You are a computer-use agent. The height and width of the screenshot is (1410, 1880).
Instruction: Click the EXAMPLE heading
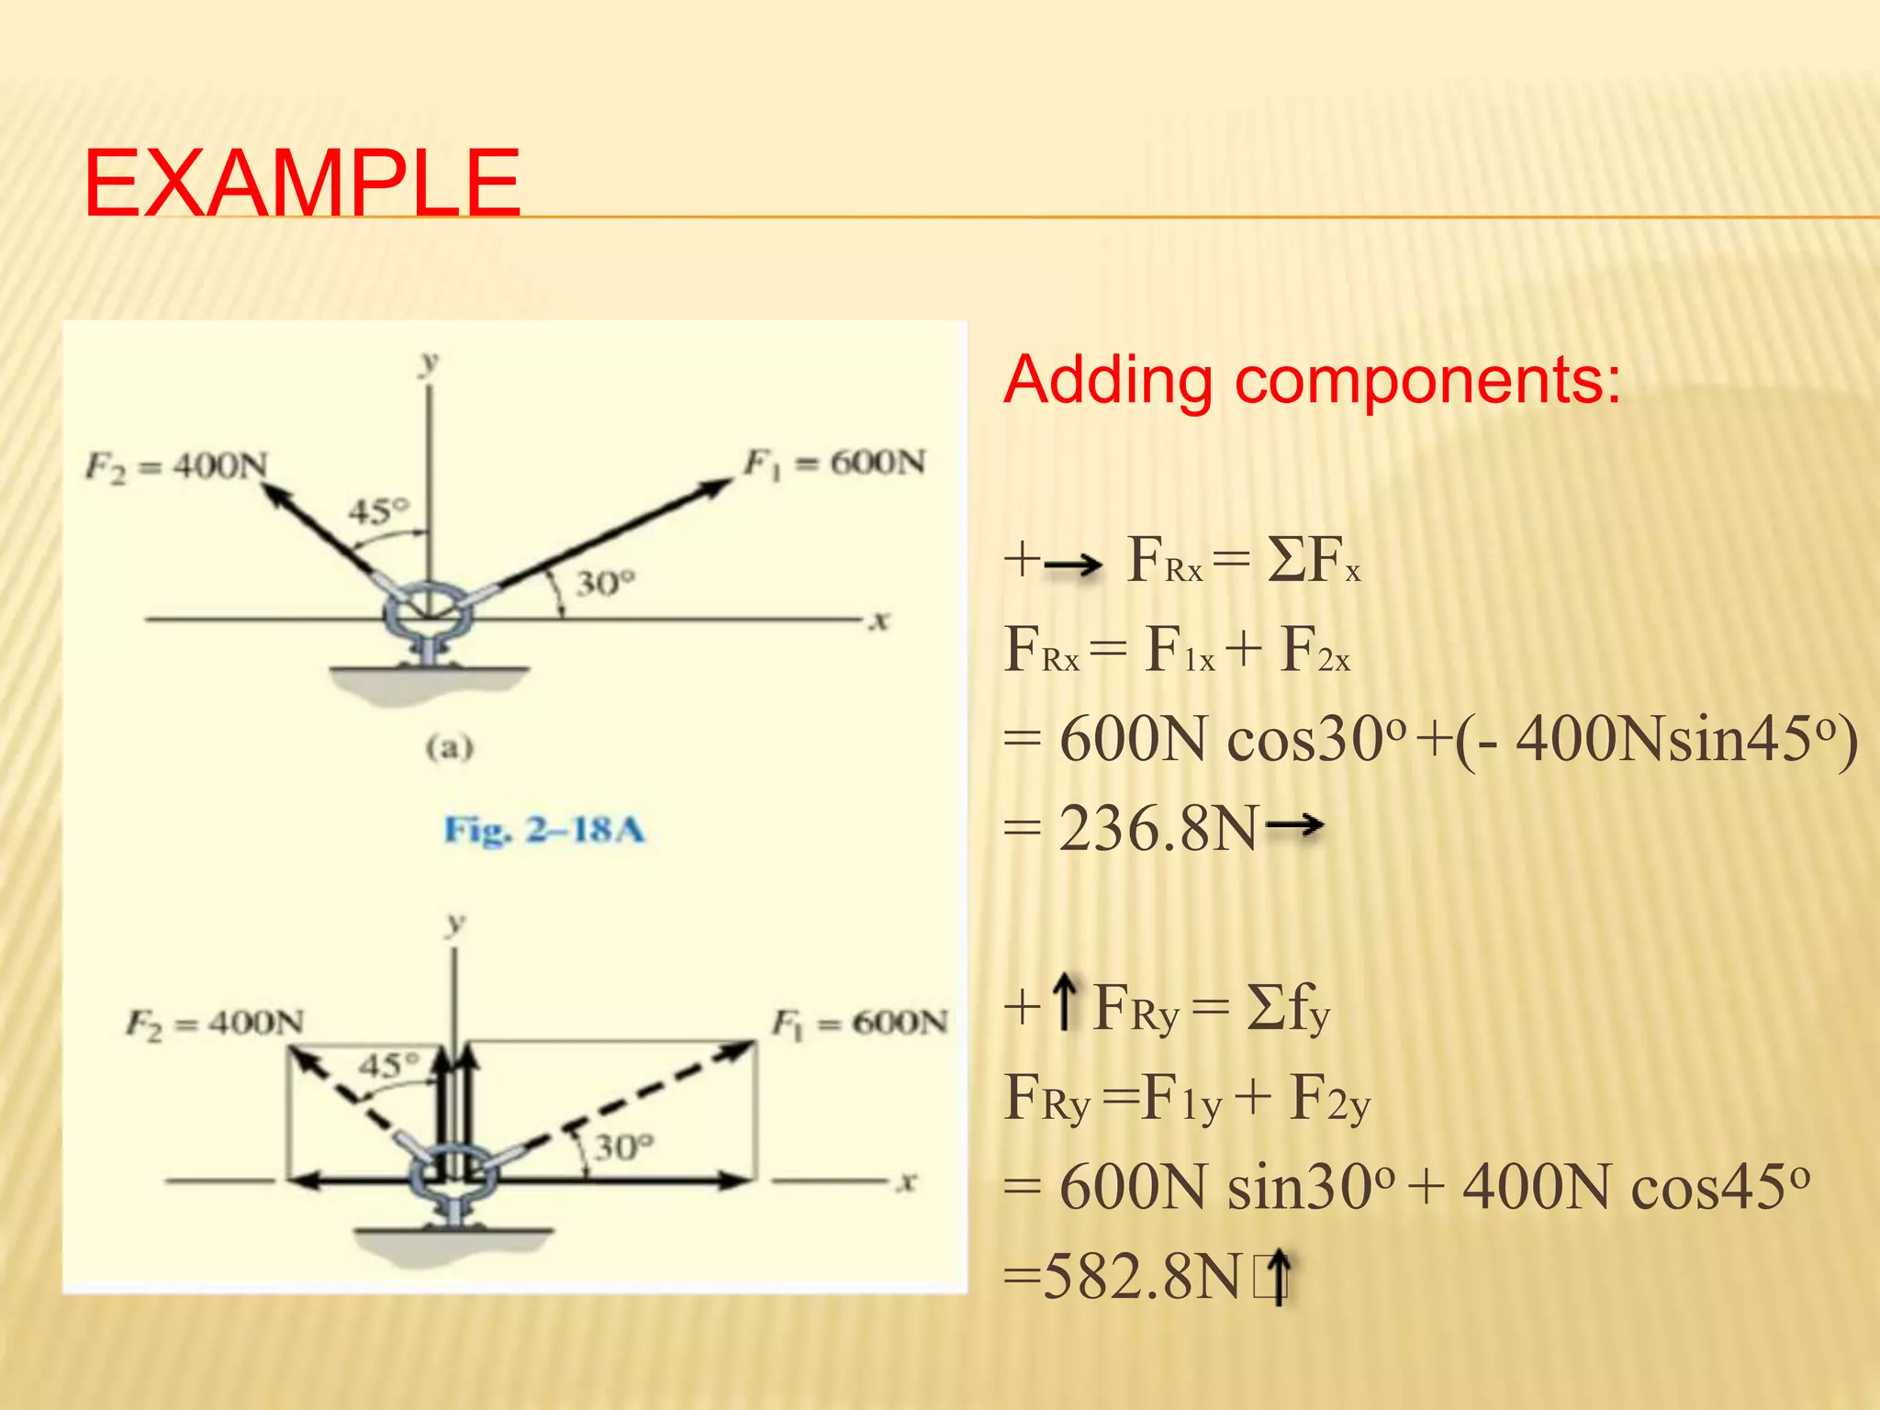tap(302, 183)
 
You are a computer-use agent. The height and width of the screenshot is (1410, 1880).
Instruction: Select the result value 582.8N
tap(1142, 1277)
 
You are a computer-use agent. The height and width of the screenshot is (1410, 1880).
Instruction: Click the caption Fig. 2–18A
tap(544, 830)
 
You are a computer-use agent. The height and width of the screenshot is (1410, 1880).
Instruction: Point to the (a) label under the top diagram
tap(449, 747)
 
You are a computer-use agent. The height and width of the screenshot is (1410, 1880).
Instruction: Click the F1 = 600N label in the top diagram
tap(834, 463)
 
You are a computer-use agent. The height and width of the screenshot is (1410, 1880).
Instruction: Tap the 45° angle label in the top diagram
tap(378, 510)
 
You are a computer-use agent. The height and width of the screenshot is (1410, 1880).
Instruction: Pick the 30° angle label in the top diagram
tap(605, 583)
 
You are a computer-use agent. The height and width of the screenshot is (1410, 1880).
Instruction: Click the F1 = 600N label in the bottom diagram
tap(858, 1023)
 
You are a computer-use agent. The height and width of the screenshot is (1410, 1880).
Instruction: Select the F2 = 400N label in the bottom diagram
tap(214, 1023)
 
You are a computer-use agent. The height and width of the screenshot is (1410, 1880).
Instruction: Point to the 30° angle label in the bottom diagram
tap(623, 1147)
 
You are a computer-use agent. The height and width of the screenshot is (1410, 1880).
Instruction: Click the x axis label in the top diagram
tap(879, 621)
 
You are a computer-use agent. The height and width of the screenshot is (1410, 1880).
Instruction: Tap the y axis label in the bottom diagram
tap(454, 923)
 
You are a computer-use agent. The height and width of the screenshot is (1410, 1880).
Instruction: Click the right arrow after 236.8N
tap(1294, 825)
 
